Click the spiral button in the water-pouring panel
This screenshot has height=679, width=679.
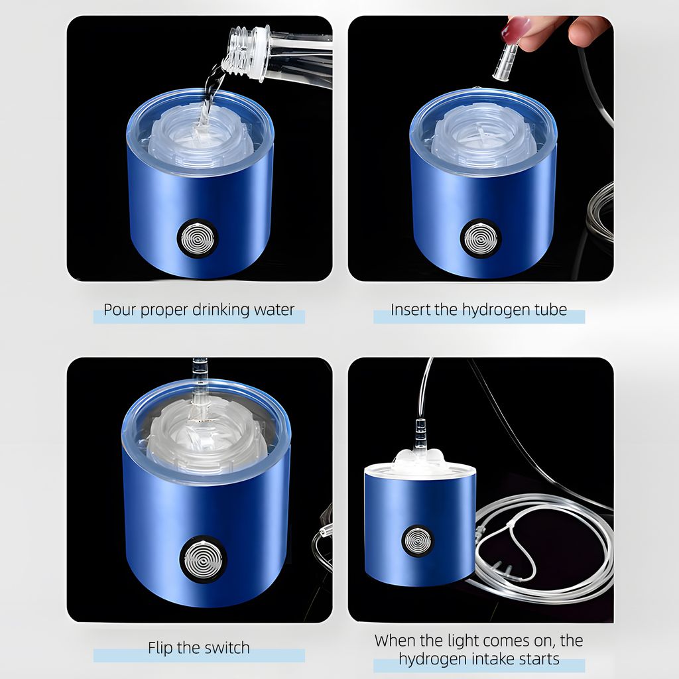(198, 239)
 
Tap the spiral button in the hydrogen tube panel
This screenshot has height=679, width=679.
(481, 239)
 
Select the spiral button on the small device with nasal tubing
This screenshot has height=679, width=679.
(418, 541)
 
